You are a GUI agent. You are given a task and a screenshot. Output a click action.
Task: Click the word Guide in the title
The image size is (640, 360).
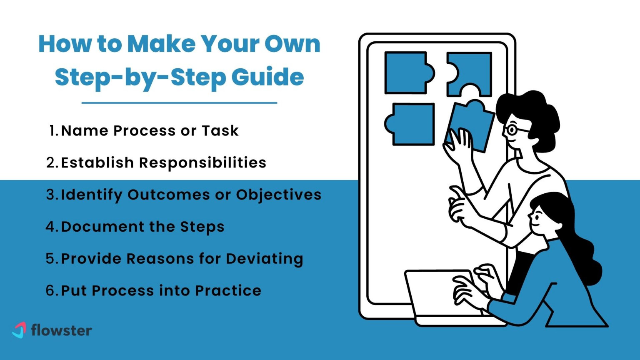coord(267,77)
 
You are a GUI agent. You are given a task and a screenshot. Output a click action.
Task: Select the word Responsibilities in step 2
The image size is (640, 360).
coord(202,162)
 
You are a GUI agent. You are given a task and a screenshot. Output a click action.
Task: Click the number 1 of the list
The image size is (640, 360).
coord(52,131)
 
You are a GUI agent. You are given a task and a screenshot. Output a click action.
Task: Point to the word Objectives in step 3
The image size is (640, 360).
coord(279,195)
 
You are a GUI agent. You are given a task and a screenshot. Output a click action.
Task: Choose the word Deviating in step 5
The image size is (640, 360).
coord(264,259)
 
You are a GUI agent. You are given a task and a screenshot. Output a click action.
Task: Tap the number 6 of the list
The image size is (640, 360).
coord(50,290)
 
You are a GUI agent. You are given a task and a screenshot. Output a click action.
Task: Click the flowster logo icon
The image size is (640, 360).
coord(19,330)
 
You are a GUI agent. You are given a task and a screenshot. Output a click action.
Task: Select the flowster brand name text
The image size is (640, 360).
coord(62,330)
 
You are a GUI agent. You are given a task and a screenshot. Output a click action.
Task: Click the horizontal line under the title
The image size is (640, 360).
coord(179,102)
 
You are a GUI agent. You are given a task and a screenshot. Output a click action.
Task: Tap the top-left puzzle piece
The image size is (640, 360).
coord(407,72)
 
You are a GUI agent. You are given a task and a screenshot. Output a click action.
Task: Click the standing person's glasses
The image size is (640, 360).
coord(512,130)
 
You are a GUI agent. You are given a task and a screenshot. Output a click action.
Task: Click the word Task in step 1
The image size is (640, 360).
coord(220,131)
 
